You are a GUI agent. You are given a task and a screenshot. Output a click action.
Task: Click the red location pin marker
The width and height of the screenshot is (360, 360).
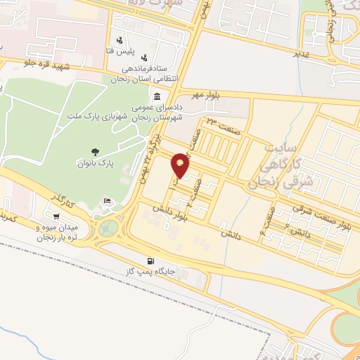[x=181, y=165]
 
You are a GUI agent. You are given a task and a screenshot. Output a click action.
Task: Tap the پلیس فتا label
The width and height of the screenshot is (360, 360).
[x=123, y=51]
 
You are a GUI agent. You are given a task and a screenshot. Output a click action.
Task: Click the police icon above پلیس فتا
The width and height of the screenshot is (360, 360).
[x=120, y=40]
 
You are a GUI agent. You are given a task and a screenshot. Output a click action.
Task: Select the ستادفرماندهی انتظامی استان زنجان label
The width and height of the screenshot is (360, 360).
[x=146, y=74]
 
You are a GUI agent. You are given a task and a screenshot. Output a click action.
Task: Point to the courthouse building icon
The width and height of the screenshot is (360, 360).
[x=156, y=96]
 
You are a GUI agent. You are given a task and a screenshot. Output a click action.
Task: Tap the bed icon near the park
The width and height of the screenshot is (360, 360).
[x=107, y=202]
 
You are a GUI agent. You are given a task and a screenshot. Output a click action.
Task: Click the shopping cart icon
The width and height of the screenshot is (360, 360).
[x=56, y=217]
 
